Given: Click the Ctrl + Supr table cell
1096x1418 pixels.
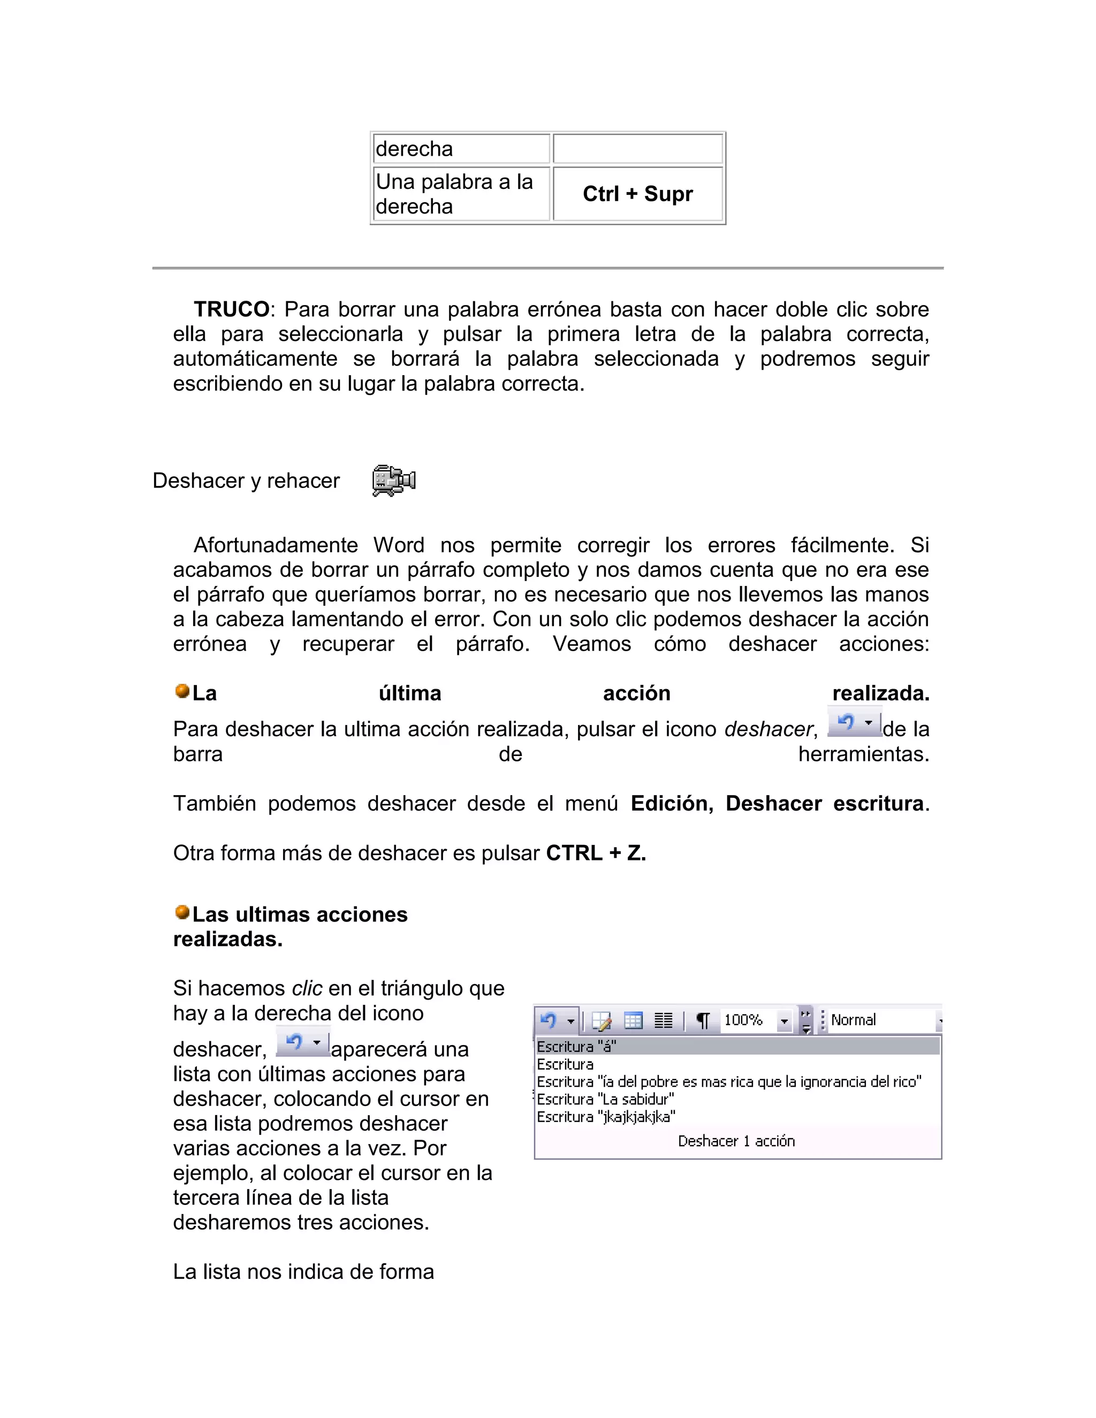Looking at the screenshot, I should [637, 194].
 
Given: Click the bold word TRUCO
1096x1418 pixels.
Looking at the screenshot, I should [231, 309].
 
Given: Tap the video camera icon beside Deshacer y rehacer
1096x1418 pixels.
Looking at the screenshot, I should [393, 481].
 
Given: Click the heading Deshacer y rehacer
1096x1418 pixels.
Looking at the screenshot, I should [246, 481].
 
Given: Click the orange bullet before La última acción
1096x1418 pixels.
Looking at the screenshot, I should [182, 691].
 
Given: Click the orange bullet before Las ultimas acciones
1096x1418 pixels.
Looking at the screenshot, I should [182, 912].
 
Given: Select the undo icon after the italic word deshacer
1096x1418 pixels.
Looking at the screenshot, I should [854, 722].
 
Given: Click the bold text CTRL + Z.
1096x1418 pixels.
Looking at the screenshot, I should [596, 853].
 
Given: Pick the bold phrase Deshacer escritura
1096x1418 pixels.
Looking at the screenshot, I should [824, 804].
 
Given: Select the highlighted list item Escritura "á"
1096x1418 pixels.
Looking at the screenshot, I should [576, 1047].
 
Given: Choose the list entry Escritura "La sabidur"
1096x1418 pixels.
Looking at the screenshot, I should [605, 1099].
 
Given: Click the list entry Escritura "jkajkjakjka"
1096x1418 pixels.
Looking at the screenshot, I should [606, 1117].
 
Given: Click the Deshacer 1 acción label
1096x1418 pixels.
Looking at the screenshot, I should [736, 1141].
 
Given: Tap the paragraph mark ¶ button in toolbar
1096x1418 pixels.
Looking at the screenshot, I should [702, 1020].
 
